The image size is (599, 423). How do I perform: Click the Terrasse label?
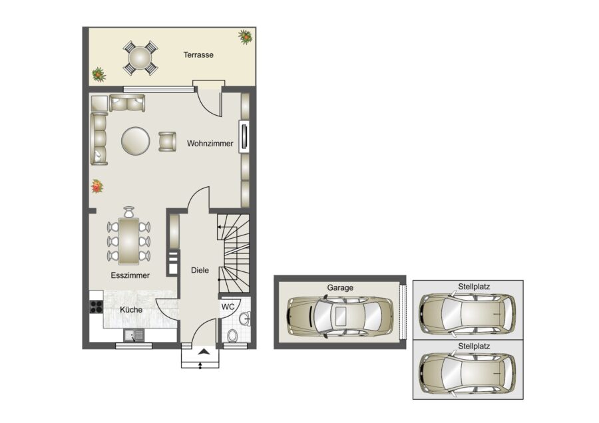[198, 55]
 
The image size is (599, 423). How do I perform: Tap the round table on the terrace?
[140, 59]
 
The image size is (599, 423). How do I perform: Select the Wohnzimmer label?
[210, 144]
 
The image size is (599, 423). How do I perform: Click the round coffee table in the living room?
[135, 140]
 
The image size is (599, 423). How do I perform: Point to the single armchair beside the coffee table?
[167, 141]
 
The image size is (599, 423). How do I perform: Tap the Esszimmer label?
[130, 275]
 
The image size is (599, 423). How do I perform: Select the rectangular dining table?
[128, 241]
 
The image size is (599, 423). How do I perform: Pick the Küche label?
[131, 310]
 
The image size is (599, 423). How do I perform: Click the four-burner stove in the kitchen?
[97, 307]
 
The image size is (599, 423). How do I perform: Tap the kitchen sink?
[134, 335]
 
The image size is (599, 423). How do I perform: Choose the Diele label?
[200, 270]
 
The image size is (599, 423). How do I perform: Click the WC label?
[228, 307]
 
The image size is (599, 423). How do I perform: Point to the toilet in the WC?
[232, 336]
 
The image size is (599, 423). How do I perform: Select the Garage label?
[340, 288]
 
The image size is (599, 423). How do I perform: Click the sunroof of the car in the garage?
[340, 315]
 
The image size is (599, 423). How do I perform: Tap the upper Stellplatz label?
[474, 287]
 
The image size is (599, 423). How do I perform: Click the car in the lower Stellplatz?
[467, 373]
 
